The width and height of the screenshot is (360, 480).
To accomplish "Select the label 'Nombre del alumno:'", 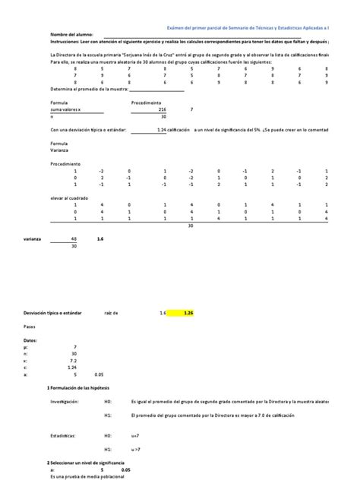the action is (71, 35).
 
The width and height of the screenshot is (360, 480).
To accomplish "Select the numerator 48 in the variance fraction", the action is (74, 238).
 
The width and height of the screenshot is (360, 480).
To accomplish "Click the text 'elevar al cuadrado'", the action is (69, 197).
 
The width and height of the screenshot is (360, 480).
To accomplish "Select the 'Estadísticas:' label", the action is (65, 436).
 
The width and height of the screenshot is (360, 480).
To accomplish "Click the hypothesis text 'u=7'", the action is (136, 436).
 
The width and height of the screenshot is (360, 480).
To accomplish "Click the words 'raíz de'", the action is (111, 312).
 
